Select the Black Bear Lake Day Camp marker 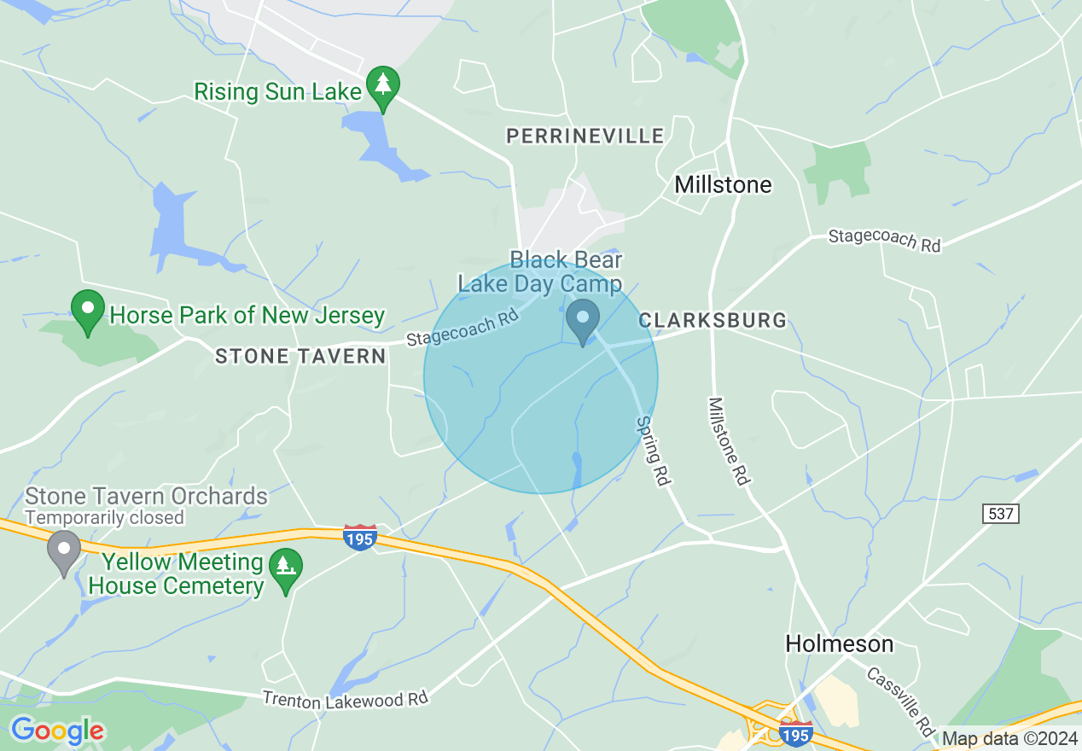click(583, 321)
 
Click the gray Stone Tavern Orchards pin click(64, 551)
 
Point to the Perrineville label click(585, 136)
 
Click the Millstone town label click(723, 184)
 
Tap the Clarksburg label click(713, 321)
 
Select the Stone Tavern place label click(300, 356)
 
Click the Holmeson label click(840, 643)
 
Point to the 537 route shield click(1000, 514)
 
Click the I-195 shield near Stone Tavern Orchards click(360, 537)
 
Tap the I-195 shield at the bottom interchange click(796, 733)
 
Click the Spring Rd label click(654, 451)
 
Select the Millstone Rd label click(728, 442)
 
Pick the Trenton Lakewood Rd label click(345, 699)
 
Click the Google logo click(57, 731)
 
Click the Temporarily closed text click(104, 517)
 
